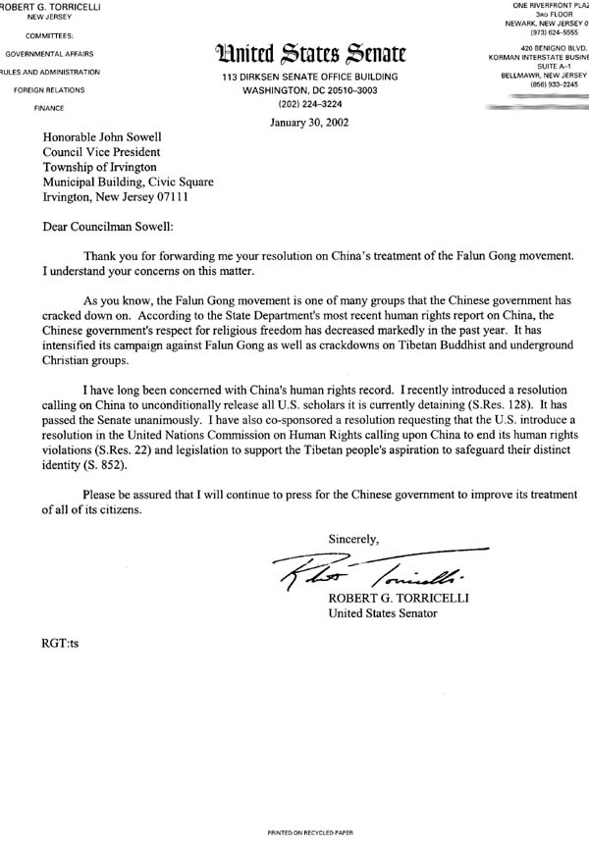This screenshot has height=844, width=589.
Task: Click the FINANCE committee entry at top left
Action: point(46,107)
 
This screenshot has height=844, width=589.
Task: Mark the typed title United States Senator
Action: point(383,614)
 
